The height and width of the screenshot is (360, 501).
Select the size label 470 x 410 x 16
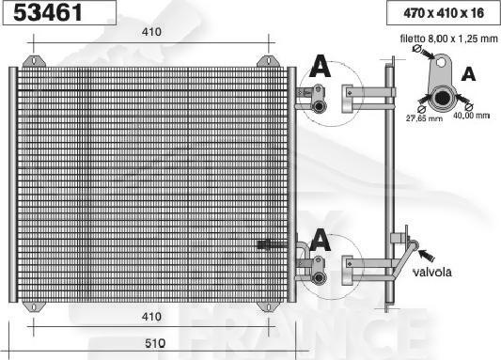439,14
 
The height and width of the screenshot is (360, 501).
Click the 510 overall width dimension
155,342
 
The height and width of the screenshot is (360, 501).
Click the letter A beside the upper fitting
320,67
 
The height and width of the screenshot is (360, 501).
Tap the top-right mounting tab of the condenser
267,61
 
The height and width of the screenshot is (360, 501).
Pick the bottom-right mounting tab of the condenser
267,306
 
